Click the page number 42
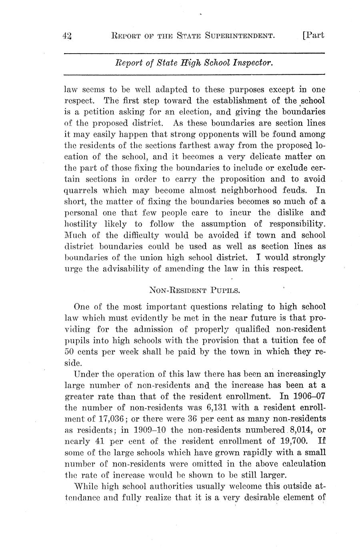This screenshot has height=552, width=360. point(67,36)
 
